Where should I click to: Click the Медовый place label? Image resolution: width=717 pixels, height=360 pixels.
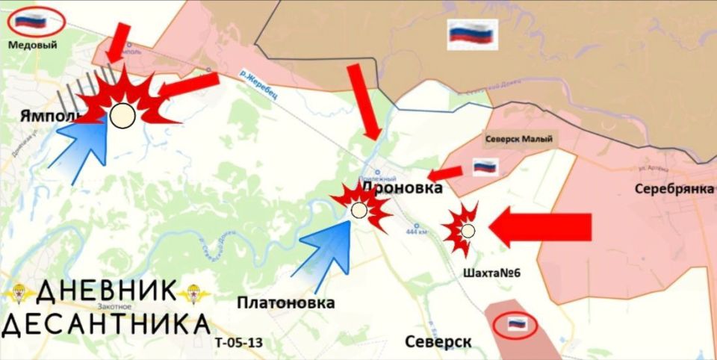[x=32, y=45]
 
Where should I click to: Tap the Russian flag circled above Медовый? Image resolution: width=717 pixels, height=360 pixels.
[x=31, y=21]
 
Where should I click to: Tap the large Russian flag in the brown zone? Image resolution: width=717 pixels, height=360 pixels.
[x=472, y=34]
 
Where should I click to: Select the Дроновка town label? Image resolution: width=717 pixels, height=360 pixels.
[x=402, y=189]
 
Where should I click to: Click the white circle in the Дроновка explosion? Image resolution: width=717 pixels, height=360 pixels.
[x=359, y=210]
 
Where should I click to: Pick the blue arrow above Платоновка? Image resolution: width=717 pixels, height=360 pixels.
[x=329, y=250]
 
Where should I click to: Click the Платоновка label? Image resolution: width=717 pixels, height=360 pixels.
[x=286, y=302]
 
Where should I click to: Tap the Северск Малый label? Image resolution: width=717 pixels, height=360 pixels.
[x=519, y=139]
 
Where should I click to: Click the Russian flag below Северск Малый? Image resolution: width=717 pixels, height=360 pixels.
[x=485, y=167]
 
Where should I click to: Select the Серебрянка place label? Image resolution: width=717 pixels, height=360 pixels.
[x=674, y=188]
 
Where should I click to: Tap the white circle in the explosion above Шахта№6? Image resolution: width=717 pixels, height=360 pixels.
[x=468, y=231]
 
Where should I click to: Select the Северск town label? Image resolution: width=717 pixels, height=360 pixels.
[x=438, y=341]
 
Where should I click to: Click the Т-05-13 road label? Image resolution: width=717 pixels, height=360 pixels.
[x=238, y=343]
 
